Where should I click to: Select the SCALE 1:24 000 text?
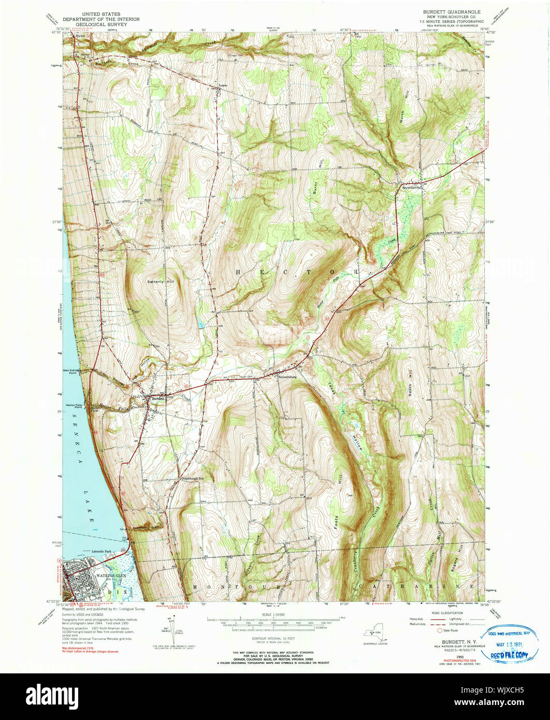pos(273,615)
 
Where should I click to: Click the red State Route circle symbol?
pos(440,631)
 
